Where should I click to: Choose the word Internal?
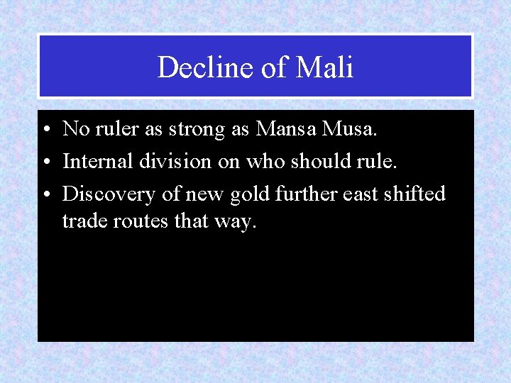pos(96,161)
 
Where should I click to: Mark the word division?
pos(173,161)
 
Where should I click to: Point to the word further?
pos(303,194)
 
